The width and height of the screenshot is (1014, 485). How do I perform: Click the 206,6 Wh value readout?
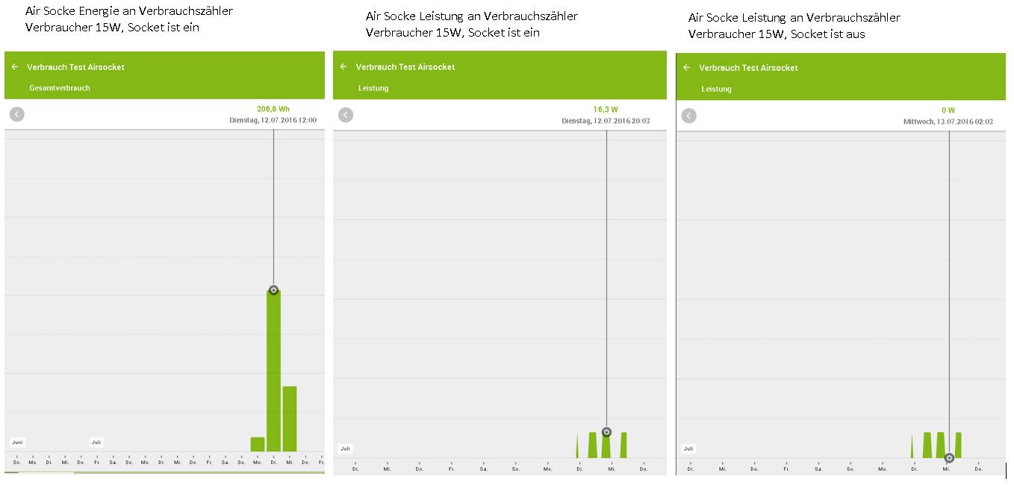pos(273,109)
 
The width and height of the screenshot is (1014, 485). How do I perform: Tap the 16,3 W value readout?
pos(606,110)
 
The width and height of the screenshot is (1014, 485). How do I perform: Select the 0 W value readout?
pos(948,110)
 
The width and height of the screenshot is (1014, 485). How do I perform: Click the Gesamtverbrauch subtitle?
pos(60,88)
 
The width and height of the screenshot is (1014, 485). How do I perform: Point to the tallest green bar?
pos(273,373)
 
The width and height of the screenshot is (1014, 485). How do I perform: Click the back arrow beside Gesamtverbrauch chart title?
pos(15,67)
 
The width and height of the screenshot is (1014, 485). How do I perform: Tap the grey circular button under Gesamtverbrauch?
pos(17,114)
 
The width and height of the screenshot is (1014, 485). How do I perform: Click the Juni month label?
pos(16,442)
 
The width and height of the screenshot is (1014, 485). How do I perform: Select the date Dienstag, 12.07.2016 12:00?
pos(273,120)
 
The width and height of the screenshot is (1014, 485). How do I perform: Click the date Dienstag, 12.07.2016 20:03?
pos(606,121)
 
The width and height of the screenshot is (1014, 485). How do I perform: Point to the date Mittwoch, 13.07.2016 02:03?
pos(948,122)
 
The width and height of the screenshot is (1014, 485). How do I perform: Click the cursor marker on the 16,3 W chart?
pos(606,432)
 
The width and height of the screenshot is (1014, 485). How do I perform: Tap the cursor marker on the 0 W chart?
pos(949,457)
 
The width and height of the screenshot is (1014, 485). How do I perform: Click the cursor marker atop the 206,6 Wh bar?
pos(273,290)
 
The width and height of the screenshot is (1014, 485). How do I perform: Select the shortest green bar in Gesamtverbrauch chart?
pos(258,445)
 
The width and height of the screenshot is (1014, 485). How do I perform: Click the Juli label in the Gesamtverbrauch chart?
pos(96,442)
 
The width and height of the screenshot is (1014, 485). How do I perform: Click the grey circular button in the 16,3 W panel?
pos(346,115)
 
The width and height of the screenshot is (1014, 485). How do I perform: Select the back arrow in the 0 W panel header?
pos(687,68)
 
